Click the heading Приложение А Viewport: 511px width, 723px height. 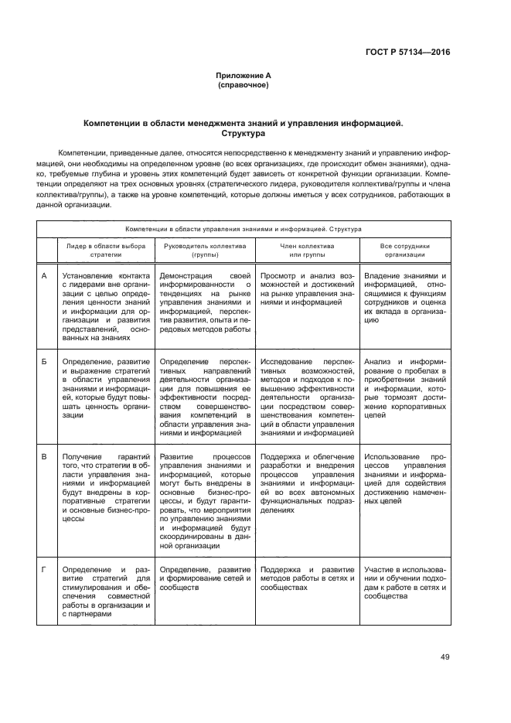tap(244, 76)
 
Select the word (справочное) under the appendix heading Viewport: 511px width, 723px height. tap(244, 85)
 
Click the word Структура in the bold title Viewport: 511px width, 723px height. tap(244, 133)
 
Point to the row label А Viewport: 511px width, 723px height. tap(44, 276)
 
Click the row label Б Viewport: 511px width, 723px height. tap(44, 361)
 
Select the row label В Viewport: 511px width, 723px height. tap(44, 457)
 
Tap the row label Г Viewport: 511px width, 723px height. tap(44, 569)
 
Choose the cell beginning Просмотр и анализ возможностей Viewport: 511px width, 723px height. tap(307, 289)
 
